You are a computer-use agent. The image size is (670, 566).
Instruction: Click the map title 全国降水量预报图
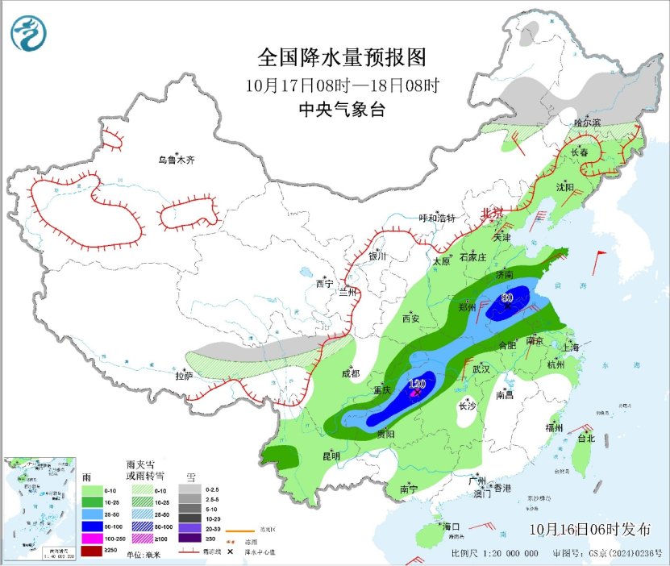[341, 58]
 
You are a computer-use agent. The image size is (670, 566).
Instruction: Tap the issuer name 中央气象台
[341, 110]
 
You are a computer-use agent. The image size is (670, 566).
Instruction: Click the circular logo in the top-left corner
[29, 33]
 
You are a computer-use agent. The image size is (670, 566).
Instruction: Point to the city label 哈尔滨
[588, 123]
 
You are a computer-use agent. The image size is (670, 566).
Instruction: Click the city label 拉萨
[184, 375]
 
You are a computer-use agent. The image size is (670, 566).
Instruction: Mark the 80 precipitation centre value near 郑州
[507, 298]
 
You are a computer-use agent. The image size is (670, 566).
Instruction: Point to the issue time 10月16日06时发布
[590, 530]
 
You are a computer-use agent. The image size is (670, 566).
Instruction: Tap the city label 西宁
[324, 284]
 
